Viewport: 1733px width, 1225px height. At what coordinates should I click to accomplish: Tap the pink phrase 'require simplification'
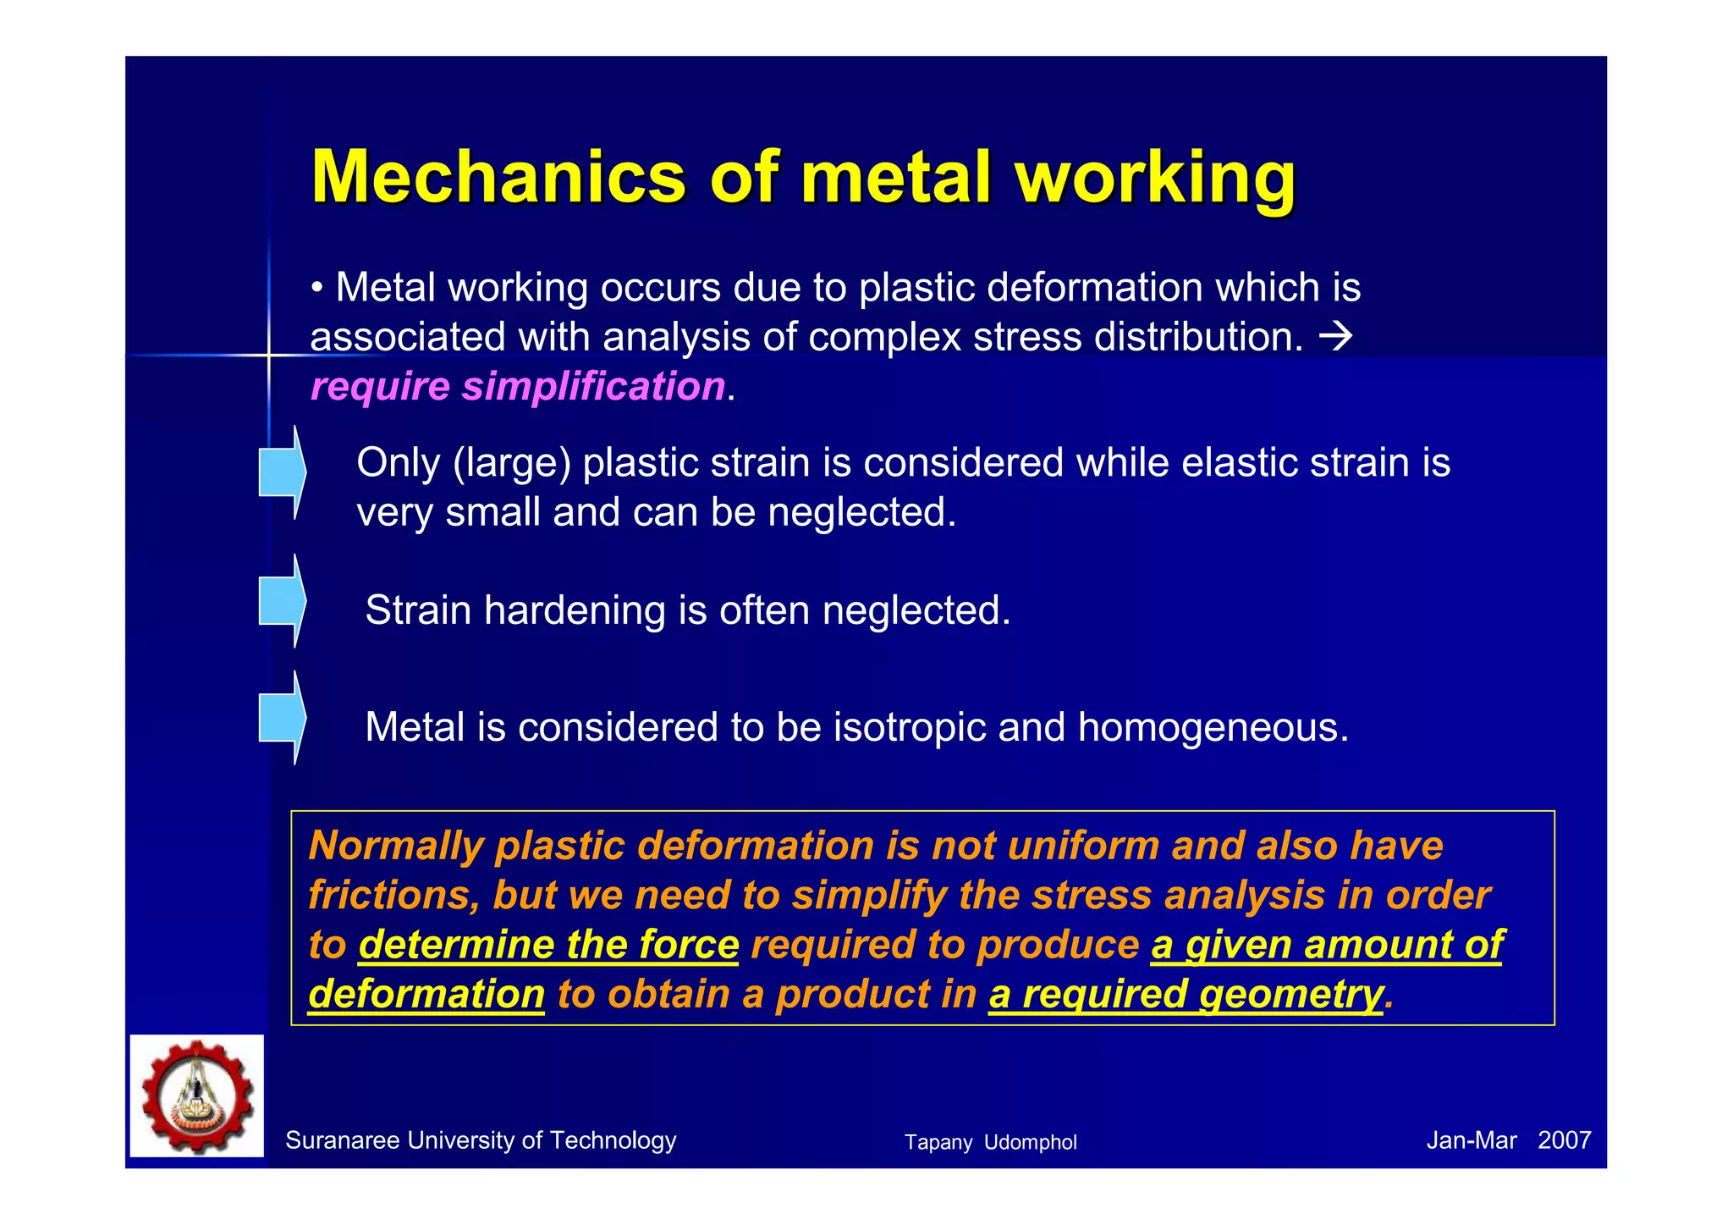pos(518,386)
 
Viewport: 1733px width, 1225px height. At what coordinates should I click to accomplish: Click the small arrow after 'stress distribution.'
pos(1336,337)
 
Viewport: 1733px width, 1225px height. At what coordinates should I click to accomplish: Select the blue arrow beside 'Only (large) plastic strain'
pos(283,472)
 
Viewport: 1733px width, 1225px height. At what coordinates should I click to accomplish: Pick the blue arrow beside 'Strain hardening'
pos(283,601)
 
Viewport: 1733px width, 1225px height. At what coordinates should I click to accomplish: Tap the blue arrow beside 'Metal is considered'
pos(283,718)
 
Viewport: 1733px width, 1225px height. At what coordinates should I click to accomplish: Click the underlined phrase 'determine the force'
pos(548,945)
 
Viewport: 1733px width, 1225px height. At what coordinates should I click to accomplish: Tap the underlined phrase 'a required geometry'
pos(1186,994)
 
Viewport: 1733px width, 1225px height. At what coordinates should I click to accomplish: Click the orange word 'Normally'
pos(395,846)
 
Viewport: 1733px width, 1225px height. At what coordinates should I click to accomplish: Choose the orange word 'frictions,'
pos(393,896)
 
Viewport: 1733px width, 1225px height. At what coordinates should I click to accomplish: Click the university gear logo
pos(197,1095)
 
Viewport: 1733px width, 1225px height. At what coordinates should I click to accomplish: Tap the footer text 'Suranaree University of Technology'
pos(481,1141)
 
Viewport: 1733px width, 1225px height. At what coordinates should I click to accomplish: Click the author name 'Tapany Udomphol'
pos(990,1143)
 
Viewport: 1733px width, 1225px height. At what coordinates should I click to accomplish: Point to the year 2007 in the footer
pos(1564,1141)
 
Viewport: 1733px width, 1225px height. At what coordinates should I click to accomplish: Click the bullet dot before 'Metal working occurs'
pos(317,289)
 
